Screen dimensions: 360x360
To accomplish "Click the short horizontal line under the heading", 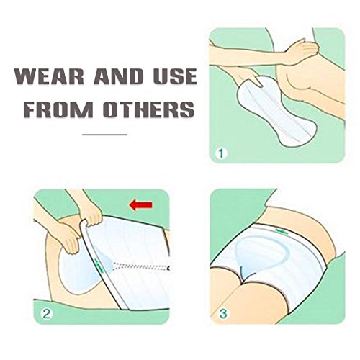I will point(105,134).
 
